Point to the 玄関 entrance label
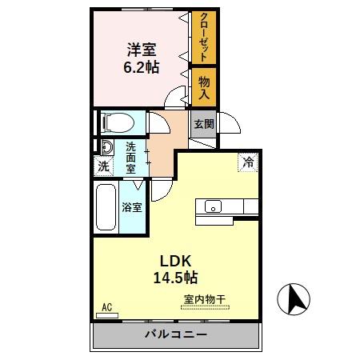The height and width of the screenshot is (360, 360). point(203,124)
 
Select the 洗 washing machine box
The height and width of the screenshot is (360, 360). point(103,167)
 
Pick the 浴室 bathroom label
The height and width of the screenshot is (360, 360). point(132,208)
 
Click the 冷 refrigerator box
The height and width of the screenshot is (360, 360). point(249,161)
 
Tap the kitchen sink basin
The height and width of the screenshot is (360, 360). point(214,207)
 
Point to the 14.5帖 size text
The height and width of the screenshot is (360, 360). point(177,278)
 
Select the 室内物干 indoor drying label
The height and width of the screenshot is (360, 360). point(205,300)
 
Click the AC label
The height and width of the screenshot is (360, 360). point(108,306)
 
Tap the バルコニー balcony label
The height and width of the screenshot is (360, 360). point(176,334)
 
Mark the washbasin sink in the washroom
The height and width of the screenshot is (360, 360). point(103,146)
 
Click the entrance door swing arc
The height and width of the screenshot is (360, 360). point(227,124)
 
